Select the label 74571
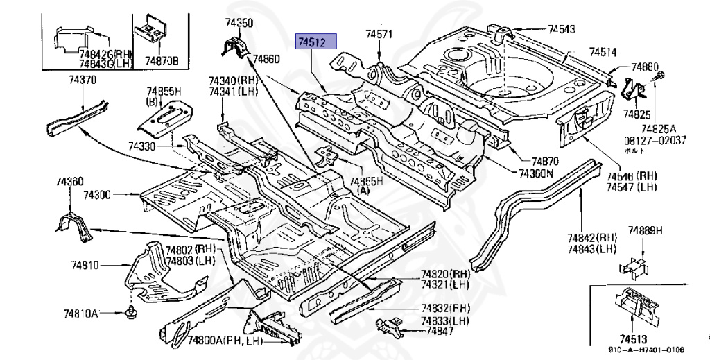(379, 34)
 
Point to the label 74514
(603, 52)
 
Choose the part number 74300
(97, 196)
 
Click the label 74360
(70, 182)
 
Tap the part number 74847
(440, 332)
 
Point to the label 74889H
(646, 230)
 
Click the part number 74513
(633, 339)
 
